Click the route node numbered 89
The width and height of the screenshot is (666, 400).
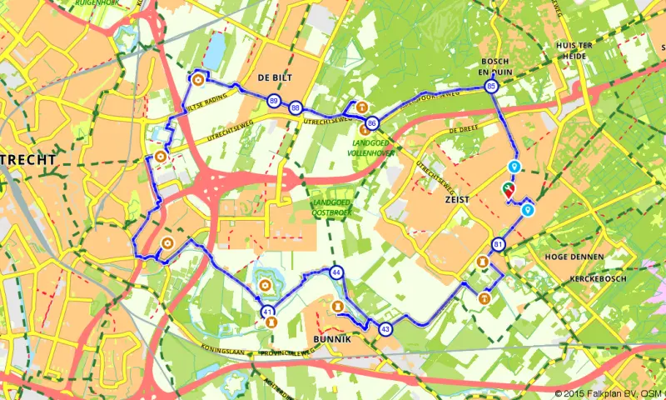pyautogui.click(x=274, y=102)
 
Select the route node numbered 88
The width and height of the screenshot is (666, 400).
pyautogui.click(x=296, y=107)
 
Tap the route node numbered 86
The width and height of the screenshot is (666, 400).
pyautogui.click(x=371, y=122)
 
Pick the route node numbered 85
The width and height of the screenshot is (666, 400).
pyautogui.click(x=491, y=86)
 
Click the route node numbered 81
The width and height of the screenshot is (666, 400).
pyautogui.click(x=498, y=244)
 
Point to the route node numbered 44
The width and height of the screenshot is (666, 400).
pyautogui.click(x=336, y=272)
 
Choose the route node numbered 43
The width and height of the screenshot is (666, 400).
pyautogui.click(x=385, y=328)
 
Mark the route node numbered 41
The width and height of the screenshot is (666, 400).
pyautogui.click(x=267, y=312)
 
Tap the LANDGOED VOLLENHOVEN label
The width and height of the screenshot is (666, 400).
pyautogui.click(x=371, y=147)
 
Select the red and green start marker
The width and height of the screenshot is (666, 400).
pyautogui.click(x=508, y=190)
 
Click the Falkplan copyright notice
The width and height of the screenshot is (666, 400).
pyautogui.click(x=609, y=392)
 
